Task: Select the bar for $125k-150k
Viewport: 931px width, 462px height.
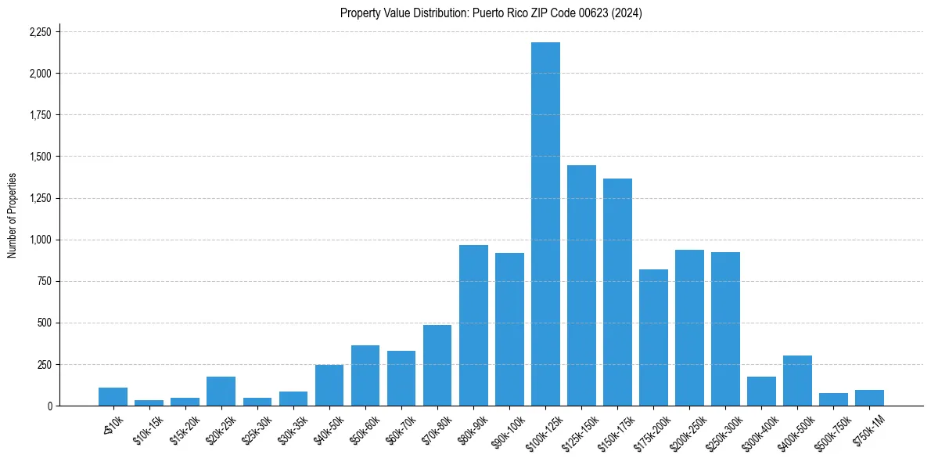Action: [581, 285]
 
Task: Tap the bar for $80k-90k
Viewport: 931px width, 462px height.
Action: [473, 326]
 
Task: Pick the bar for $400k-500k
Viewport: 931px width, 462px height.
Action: [797, 381]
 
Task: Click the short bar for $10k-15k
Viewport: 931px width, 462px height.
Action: [149, 402]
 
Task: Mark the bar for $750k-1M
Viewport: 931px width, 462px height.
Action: [869, 398]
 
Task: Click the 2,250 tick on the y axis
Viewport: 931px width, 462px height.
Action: [40, 32]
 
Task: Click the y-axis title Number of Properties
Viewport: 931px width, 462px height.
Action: [13, 215]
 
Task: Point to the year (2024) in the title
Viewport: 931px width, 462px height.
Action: [626, 13]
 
